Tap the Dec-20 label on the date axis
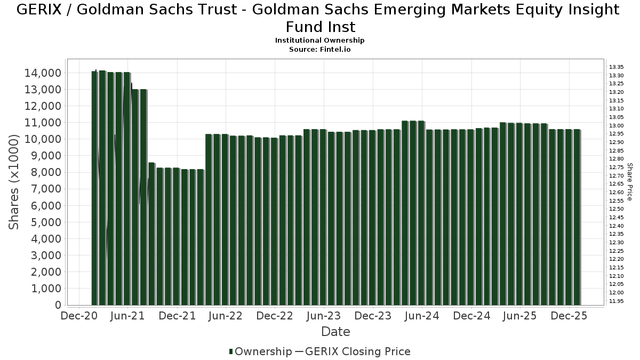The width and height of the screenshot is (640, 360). click(78, 316)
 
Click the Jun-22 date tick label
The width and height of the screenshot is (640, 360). click(226, 316)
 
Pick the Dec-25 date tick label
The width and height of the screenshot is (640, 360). click(569, 316)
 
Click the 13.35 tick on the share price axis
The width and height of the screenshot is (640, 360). click(617, 67)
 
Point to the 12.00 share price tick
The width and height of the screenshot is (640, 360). click(617, 292)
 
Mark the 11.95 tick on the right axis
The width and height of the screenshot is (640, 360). click(617, 301)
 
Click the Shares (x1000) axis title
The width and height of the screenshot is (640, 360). click(14, 182)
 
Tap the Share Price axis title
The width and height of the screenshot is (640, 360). click(630, 182)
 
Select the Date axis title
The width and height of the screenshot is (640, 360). click(335, 332)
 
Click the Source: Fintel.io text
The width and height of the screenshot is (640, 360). click(319, 49)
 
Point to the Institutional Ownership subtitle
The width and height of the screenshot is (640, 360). click(319, 41)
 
